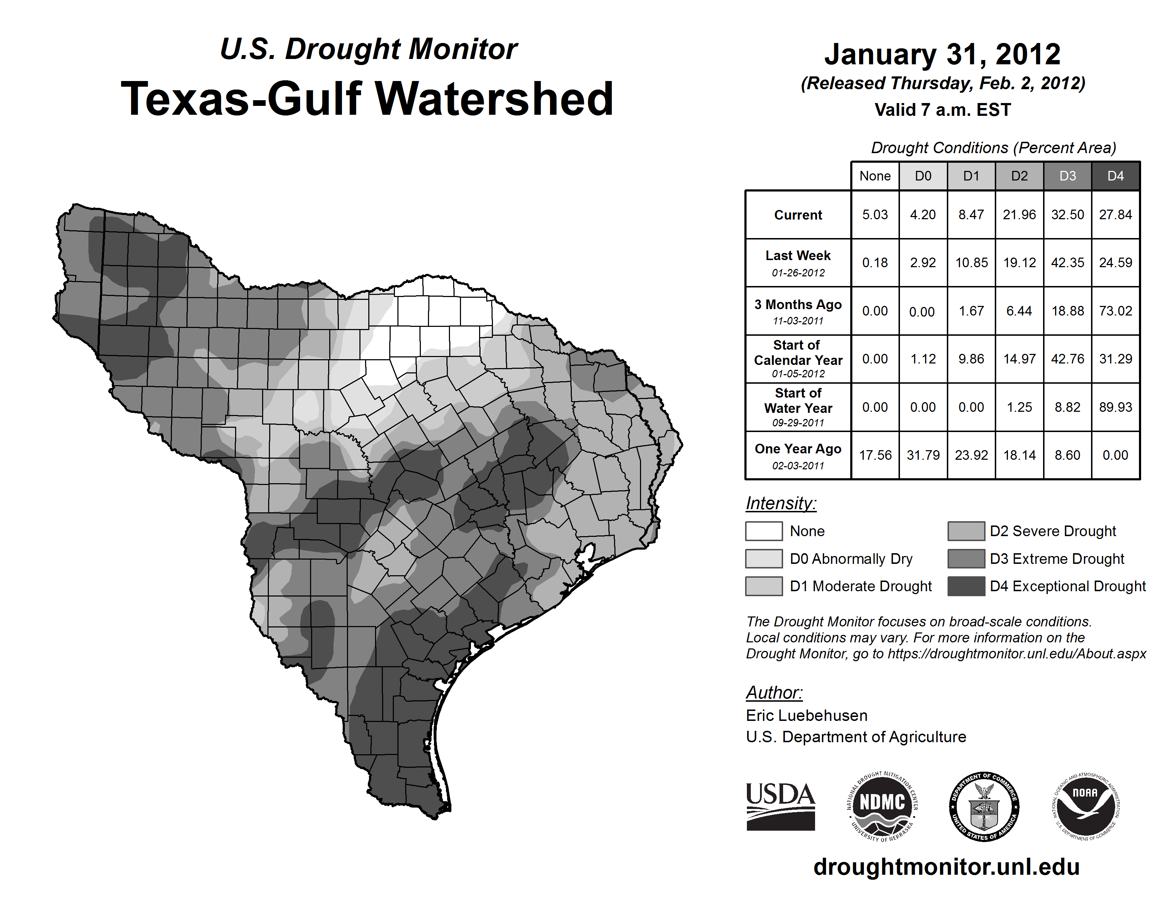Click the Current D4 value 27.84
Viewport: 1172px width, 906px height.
(1115, 215)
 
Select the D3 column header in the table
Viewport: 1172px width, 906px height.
(1067, 176)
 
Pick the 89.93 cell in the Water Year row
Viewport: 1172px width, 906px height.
(1115, 408)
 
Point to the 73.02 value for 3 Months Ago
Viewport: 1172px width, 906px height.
(1115, 311)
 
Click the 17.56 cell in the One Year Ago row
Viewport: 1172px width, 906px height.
(875, 455)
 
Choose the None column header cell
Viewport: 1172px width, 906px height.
(875, 176)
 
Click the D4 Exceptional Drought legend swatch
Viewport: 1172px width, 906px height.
(966, 586)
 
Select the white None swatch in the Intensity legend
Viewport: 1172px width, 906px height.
(764, 531)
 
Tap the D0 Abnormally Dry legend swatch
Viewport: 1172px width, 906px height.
(764, 558)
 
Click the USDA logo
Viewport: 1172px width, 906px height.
(780, 806)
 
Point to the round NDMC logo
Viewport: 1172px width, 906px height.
(882, 806)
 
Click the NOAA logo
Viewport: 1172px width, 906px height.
(1085, 806)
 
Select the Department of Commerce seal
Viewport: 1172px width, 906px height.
(984, 806)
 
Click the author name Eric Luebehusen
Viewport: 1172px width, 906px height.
(807, 716)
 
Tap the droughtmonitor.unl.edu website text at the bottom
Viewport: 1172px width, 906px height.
(946, 867)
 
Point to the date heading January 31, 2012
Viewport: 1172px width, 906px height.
(942, 54)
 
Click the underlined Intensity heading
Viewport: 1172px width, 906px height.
(781, 503)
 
